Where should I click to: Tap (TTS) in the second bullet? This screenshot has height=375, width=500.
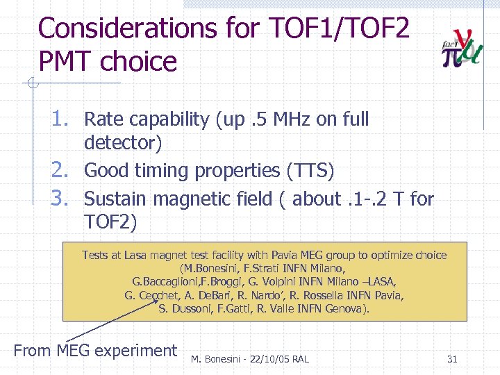[x=310, y=171]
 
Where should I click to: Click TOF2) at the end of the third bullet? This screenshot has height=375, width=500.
[x=111, y=222]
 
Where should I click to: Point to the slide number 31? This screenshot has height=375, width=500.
[x=452, y=359]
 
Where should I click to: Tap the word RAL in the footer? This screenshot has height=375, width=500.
[x=299, y=359]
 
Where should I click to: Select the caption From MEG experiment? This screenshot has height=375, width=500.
[x=95, y=351]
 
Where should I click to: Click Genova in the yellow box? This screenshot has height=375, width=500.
[x=347, y=308]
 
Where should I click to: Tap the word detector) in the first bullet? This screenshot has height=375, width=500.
[x=123, y=143]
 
